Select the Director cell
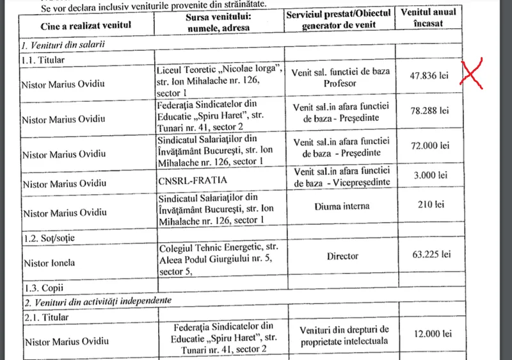tap(342, 256)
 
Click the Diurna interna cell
tap(342, 207)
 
